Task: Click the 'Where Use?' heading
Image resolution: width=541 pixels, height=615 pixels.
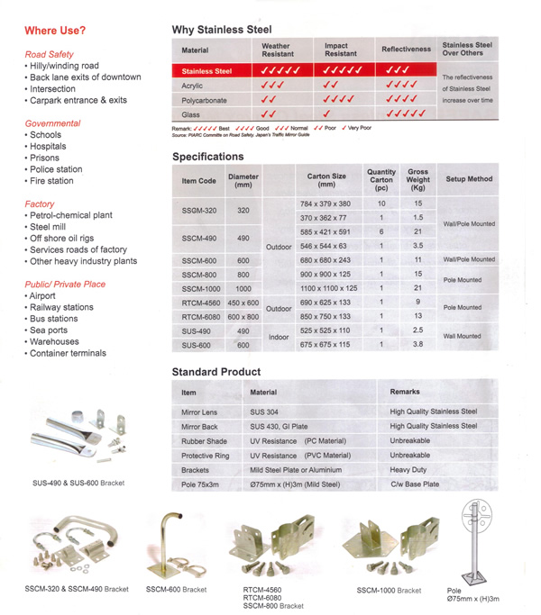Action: tap(56, 32)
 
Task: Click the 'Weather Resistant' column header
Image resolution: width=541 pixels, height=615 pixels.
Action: tap(276, 50)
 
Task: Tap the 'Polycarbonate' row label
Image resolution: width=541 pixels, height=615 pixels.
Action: tap(204, 100)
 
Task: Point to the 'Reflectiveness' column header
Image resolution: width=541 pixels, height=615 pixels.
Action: tap(406, 50)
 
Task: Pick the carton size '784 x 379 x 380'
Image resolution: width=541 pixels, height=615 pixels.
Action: tap(325, 204)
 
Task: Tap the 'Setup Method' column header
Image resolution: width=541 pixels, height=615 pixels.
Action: tap(469, 178)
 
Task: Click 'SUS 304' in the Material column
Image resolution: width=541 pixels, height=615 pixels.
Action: tap(270, 411)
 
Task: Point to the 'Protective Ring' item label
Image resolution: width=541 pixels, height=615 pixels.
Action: tap(205, 455)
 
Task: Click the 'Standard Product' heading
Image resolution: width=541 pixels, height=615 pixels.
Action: tap(216, 371)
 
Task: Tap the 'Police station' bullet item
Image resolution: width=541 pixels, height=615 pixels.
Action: tap(56, 168)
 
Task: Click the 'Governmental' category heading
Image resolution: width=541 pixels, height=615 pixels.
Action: tap(52, 123)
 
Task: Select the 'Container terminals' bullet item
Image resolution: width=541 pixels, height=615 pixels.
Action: tap(69, 353)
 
